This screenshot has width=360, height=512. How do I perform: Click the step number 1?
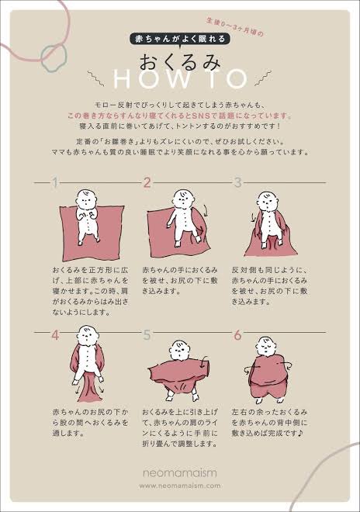coord(55,183)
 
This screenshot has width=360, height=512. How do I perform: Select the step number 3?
coord(238,183)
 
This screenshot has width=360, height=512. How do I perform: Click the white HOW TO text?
coord(180,80)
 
